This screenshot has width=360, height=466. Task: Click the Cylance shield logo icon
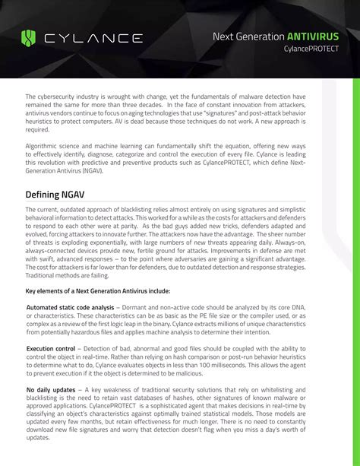click(29, 37)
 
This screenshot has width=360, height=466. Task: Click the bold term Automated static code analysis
click(70, 306)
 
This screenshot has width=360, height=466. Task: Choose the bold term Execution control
click(51, 348)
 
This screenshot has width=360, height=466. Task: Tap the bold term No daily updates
click(51, 390)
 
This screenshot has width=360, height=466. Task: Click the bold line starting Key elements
click(98, 290)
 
